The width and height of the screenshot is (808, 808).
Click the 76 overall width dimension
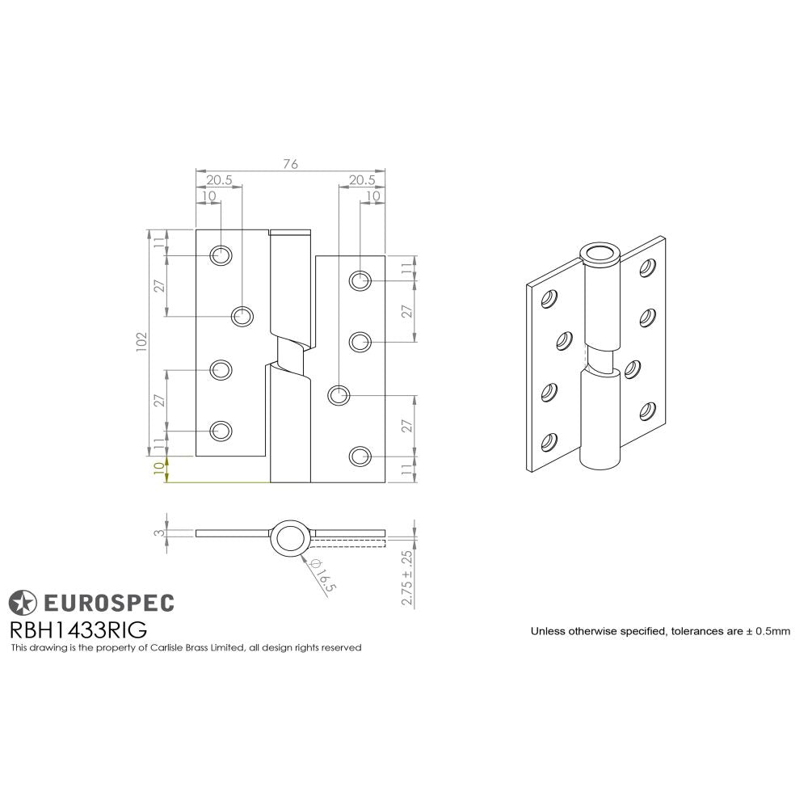pyautogui.click(x=290, y=164)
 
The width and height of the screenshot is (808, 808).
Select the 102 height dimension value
pyautogui.click(x=141, y=343)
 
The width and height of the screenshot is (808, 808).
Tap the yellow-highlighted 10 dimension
pyautogui.click(x=158, y=468)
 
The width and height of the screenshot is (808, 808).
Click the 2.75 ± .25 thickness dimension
pyautogui.click(x=407, y=579)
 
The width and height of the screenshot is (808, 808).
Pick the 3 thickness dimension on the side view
pyautogui.click(x=159, y=532)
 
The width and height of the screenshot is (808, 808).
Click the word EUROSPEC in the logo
pyautogui.click(x=107, y=601)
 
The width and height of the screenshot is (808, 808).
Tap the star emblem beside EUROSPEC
pyautogui.click(x=23, y=602)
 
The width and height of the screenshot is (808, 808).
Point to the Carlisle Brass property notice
pyautogui.click(x=185, y=647)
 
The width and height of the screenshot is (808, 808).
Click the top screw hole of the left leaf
pyautogui.click(x=220, y=255)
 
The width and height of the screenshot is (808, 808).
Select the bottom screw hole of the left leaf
pyautogui.click(x=220, y=431)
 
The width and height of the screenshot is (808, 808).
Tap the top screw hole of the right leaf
pyautogui.click(x=360, y=280)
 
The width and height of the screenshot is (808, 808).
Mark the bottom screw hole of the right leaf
pyautogui.click(x=360, y=457)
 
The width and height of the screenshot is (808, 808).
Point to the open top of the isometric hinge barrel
pyautogui.click(x=600, y=254)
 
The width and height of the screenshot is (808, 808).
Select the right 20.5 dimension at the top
pyautogui.click(x=361, y=180)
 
